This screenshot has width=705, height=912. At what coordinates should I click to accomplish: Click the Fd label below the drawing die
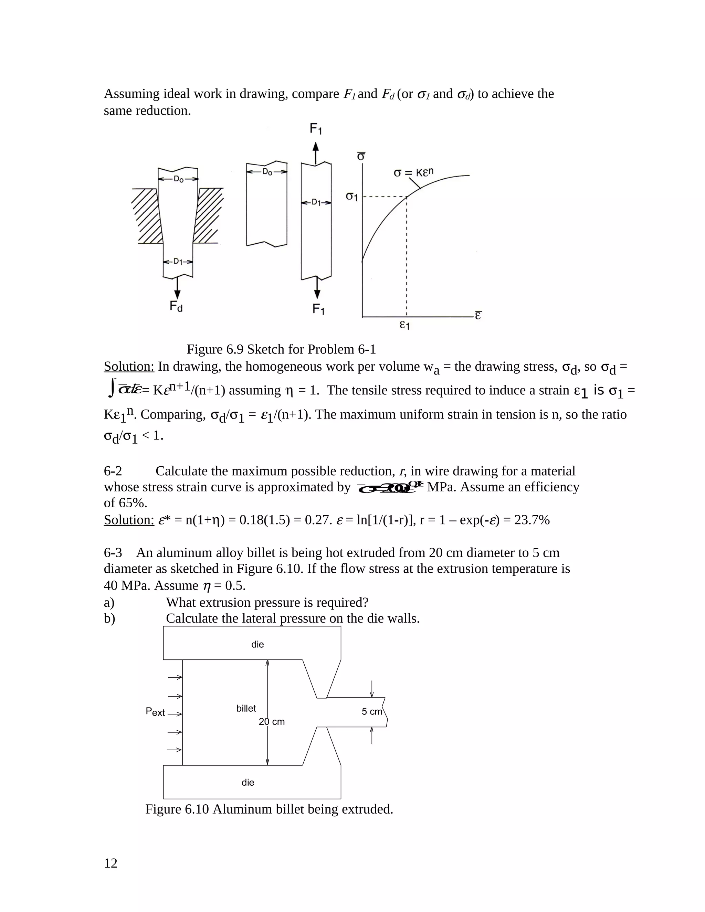[x=176, y=307]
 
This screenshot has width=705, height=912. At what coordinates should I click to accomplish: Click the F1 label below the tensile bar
[x=319, y=309]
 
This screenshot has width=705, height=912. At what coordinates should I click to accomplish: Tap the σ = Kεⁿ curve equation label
[x=413, y=172]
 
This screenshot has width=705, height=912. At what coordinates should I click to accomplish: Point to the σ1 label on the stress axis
[x=352, y=196]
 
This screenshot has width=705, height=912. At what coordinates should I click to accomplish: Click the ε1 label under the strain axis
[x=404, y=325]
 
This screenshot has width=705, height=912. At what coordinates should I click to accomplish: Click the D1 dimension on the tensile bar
[x=316, y=202]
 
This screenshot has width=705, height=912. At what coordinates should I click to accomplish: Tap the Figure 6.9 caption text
[x=281, y=349]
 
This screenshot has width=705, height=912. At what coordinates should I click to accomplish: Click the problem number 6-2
[x=113, y=471]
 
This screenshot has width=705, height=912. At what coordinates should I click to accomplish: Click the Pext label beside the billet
[x=155, y=712]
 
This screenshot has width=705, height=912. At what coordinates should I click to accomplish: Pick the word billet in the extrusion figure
[x=246, y=708]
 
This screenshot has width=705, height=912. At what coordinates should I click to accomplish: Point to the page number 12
[x=111, y=863]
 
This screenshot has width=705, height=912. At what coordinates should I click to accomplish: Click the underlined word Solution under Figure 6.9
[x=129, y=367]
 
